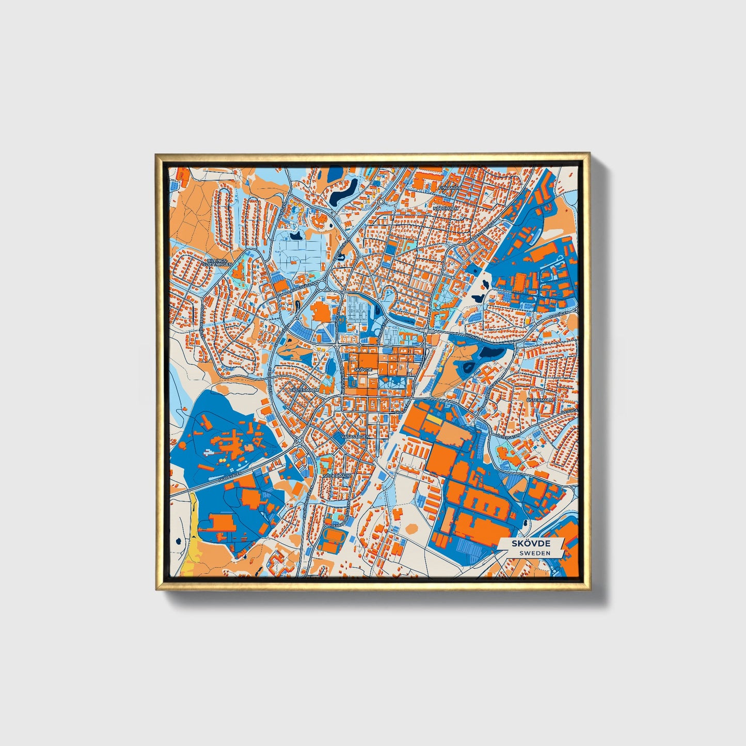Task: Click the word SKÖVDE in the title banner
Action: pos(531,544)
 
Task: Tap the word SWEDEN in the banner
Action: pos(534,553)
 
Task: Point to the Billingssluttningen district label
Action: pos(218,263)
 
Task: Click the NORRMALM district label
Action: pos(446,208)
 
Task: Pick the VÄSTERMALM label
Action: pos(305,390)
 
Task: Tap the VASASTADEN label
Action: pos(356,436)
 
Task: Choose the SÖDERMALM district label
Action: pos(337,475)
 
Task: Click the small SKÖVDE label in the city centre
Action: pos(363,370)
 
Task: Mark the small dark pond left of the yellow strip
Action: pos(177,541)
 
